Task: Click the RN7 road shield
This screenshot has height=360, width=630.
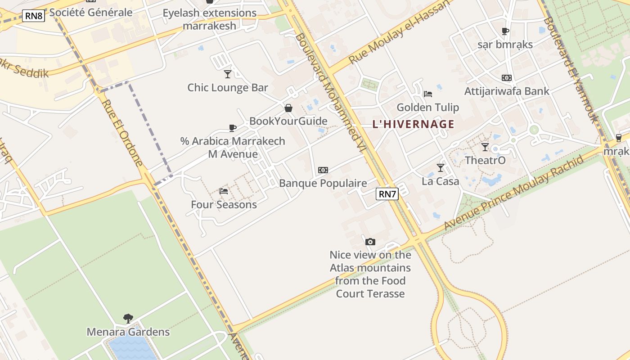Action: pos(387,194)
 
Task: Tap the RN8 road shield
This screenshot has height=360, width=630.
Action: pos(34,16)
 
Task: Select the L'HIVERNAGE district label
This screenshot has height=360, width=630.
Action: pos(413,124)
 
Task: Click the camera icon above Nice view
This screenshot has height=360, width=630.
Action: pos(370,242)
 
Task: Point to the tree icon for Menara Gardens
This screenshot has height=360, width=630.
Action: pos(128,319)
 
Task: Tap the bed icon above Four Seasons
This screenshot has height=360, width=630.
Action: pos(224,191)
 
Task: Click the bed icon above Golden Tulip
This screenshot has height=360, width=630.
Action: pos(427,94)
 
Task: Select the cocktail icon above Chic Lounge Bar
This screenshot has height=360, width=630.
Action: pos(228,74)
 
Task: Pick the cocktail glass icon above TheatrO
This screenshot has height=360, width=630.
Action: pos(485,147)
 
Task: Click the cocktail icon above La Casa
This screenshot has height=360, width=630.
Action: pos(441,168)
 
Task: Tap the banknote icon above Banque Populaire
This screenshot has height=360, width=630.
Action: pos(323,170)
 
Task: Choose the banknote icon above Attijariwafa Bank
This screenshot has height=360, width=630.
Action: pos(507,78)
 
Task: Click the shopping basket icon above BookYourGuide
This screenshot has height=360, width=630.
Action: pos(288,108)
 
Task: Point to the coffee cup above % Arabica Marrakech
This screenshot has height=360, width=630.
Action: pos(233,128)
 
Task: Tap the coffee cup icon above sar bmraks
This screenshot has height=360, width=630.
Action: pos(505,31)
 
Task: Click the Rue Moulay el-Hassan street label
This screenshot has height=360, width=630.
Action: pos(400,31)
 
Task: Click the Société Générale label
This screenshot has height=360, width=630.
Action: pos(91,12)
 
